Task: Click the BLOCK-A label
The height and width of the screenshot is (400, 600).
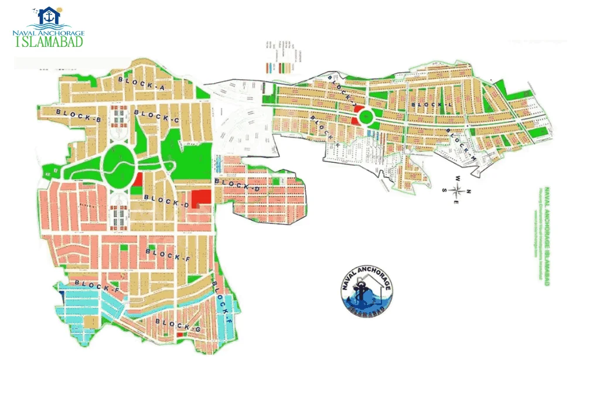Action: tap(142, 83)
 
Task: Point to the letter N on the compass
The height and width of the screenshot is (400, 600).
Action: tap(471, 191)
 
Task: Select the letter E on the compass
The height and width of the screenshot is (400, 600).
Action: tap(458, 203)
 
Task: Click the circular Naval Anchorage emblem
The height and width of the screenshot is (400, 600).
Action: tap(367, 290)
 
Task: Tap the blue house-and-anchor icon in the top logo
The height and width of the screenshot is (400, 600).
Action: tap(48, 16)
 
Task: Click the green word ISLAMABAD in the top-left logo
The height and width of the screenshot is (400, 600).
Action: tap(49, 42)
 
